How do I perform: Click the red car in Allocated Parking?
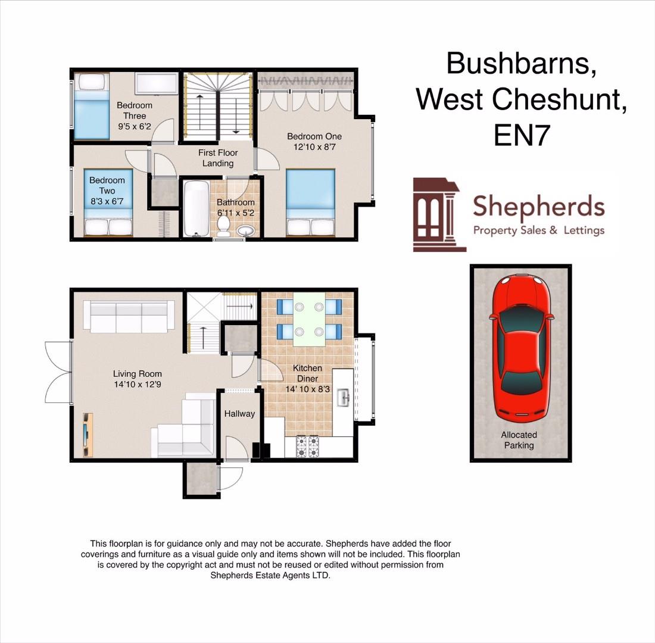coord(520,346)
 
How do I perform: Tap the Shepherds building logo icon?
coord(436,214)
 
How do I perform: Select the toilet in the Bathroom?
coord(224,225)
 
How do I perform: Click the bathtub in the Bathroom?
coord(195,208)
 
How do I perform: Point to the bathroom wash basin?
coord(245,230)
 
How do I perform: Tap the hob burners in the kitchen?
coord(307,447)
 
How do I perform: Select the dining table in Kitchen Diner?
coord(309,319)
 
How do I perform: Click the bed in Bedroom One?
coord(310,202)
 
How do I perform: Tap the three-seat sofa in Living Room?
coord(129,316)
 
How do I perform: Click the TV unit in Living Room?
coord(88,435)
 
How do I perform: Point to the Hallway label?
coord(239,414)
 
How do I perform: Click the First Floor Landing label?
coord(218,158)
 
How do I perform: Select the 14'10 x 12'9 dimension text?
coord(138,385)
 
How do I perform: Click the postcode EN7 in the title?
coord(521,135)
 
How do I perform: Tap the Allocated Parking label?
coord(519,440)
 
